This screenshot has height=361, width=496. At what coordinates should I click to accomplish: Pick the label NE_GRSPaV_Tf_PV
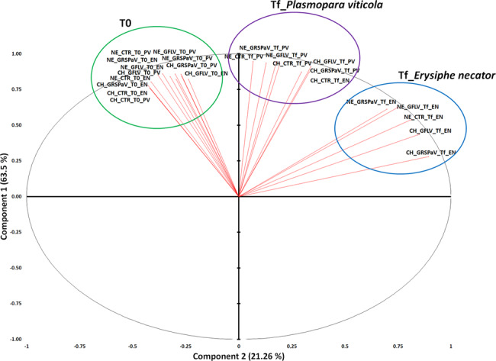pyautogui.click(x=264, y=48)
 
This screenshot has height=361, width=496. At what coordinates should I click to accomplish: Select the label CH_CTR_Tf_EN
pyautogui.click(x=330, y=80)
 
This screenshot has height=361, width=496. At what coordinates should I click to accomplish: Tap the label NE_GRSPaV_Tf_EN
pyautogui.click(x=371, y=102)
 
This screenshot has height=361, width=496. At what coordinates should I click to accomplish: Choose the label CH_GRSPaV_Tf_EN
pyautogui.click(x=431, y=153)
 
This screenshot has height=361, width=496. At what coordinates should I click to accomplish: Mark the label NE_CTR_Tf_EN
pyautogui.click(x=423, y=117)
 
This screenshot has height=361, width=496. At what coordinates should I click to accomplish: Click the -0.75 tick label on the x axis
pyautogui.click(x=79, y=345)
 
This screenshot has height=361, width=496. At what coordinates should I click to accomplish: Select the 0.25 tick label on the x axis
pyautogui.click(x=292, y=345)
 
